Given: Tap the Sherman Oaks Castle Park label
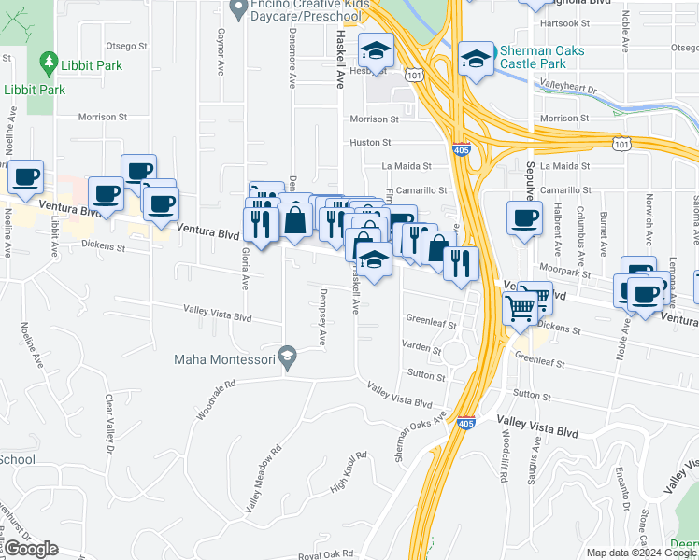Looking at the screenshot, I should coord(533,58).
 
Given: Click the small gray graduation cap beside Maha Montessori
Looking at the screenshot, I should coord(289,357).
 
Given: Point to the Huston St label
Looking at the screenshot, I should coord(371,143).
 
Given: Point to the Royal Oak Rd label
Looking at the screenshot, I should coord(323,555).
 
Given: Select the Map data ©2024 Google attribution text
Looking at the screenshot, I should coord(641,553).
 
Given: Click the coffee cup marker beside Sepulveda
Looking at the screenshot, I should coord(524,218).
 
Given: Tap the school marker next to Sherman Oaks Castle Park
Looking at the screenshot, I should coord(475,60).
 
